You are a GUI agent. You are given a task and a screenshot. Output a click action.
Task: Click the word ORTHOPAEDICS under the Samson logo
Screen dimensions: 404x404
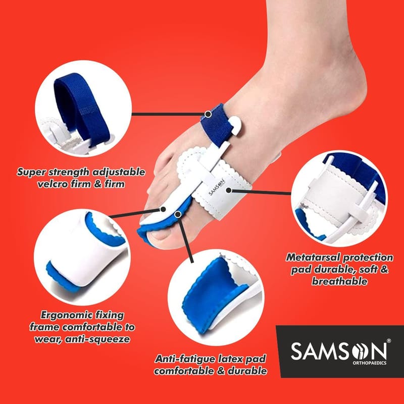[369, 363]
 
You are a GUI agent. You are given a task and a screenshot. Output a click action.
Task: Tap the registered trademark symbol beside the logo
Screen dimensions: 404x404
[389, 340]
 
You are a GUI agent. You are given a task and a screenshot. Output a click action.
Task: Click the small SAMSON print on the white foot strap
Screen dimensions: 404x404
[217, 187]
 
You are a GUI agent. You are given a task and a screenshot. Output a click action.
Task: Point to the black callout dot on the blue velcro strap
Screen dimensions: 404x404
[208, 114]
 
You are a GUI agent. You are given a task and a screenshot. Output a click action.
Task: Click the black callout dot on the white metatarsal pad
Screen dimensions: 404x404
[229, 190]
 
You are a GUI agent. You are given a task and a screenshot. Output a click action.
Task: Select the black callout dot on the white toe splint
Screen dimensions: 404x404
[163, 209]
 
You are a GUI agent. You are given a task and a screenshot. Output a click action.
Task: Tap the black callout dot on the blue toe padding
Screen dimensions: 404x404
[178, 214]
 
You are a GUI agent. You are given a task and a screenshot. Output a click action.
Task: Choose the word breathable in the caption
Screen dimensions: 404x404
[339, 281]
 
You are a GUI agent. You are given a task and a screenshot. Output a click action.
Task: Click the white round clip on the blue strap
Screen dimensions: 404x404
[235, 125]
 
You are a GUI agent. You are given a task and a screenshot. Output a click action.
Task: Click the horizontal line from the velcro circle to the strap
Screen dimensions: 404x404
[168, 114]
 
